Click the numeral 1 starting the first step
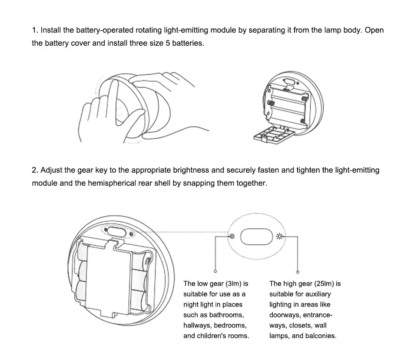coord(34,30)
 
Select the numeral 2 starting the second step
coord(34,170)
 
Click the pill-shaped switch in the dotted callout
coord(255,237)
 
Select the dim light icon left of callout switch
coord(232,237)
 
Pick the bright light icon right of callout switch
coord(279,237)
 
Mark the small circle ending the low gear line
coord(215,271)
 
